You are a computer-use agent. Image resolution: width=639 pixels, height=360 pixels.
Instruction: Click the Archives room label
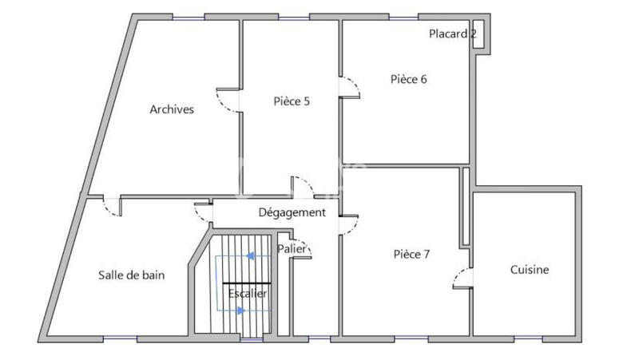172,109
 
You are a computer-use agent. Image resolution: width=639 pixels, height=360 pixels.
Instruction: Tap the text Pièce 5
292,101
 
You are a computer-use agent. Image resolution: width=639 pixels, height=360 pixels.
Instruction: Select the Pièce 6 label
408,78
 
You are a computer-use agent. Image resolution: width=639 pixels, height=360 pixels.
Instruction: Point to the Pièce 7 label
411,254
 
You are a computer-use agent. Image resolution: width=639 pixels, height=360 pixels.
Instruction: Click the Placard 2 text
453,34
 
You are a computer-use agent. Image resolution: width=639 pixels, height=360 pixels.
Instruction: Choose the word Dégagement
292,212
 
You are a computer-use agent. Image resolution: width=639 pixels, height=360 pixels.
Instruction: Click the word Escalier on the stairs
247,294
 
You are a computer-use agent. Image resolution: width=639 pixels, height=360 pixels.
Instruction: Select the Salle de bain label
132,275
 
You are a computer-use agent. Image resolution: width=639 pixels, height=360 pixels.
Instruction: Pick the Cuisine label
530,270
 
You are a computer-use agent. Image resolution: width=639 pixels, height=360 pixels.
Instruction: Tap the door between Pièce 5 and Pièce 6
349,86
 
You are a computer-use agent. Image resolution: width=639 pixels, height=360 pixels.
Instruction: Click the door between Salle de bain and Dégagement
203,212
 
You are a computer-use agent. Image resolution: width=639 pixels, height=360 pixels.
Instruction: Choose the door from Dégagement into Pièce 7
348,224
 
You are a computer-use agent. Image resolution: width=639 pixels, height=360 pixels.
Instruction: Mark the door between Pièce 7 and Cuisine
462,277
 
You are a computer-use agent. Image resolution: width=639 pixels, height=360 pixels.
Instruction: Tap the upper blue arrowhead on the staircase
249,256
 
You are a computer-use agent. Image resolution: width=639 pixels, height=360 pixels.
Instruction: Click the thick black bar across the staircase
247,283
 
